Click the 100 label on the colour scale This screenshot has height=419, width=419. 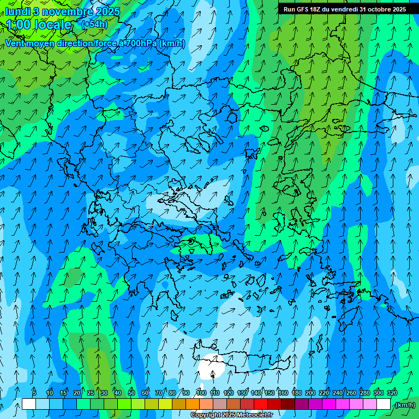point(201,393)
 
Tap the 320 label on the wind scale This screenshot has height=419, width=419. point(392,393)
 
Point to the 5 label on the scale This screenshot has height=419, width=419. point(34,393)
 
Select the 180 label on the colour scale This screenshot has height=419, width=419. point(297,393)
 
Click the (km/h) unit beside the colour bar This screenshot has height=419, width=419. point(405,405)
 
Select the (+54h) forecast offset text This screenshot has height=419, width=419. point(94,25)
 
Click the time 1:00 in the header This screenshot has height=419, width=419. point(17,25)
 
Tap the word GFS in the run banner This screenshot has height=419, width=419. point(301,9)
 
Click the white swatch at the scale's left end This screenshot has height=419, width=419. point(29,404)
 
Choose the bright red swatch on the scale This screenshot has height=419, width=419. point(261,404)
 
